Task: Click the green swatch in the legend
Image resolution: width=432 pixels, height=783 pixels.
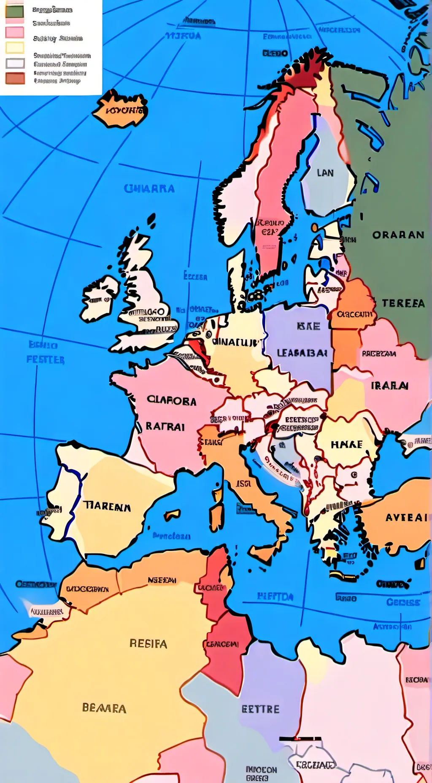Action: (x=15, y=11)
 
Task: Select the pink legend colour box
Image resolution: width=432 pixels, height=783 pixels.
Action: (x=15, y=32)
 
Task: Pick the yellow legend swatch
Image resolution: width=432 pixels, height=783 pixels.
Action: (x=15, y=48)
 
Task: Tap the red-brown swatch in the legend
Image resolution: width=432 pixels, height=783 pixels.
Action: (x=15, y=78)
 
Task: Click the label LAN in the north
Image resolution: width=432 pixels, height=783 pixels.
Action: (x=325, y=173)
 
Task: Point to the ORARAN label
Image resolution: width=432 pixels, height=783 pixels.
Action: (x=398, y=235)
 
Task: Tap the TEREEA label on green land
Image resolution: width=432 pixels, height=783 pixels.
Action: (x=403, y=303)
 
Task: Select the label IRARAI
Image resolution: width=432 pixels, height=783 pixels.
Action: (x=389, y=386)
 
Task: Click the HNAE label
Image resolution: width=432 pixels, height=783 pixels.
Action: (x=346, y=445)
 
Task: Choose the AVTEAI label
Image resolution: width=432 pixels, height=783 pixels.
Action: (x=406, y=518)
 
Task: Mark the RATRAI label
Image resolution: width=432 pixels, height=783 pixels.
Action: (x=165, y=427)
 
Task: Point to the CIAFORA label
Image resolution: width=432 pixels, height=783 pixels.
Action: (x=171, y=401)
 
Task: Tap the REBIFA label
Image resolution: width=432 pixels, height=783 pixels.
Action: (x=148, y=644)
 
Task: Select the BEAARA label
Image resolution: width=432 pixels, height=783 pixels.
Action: (x=104, y=708)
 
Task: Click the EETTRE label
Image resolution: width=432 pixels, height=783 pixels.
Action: (x=260, y=709)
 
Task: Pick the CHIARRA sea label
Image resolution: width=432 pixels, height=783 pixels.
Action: (x=149, y=189)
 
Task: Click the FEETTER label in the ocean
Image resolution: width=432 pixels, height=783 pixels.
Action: (x=46, y=360)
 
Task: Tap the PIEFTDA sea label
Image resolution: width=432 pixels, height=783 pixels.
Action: (x=275, y=597)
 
